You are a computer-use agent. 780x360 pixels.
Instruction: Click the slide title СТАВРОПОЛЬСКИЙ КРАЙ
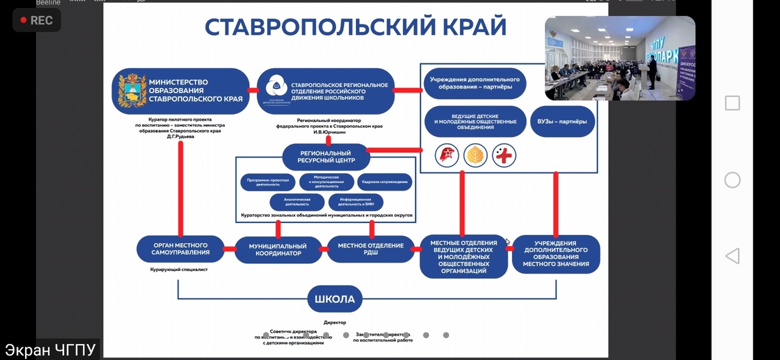pyautogui.click(x=355, y=27)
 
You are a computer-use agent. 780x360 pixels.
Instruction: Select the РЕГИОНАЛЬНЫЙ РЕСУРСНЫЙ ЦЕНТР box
pyautogui.click(x=326, y=157)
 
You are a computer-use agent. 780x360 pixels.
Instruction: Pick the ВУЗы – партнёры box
pyautogui.click(x=562, y=121)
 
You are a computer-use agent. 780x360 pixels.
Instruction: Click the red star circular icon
pyautogui.click(x=447, y=156)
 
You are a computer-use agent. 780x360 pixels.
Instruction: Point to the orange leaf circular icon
pyautogui.click(x=475, y=156)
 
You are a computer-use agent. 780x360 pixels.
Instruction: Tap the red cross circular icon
pyautogui.click(x=504, y=156)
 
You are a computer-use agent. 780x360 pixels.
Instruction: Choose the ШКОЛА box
pyautogui.click(x=335, y=299)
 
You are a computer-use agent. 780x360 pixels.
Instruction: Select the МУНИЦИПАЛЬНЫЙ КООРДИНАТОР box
pyautogui.click(x=278, y=250)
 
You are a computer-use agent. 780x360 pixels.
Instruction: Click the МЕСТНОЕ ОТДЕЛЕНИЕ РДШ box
pyautogui.click(x=370, y=249)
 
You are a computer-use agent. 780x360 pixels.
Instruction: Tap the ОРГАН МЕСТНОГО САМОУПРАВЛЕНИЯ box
pyautogui.click(x=180, y=249)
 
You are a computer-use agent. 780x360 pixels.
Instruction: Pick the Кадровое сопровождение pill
pyautogui.click(x=385, y=182)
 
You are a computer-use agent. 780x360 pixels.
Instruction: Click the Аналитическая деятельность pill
pyautogui.click(x=297, y=202)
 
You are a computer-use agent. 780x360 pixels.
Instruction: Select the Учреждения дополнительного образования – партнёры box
pyautogui.click(x=475, y=83)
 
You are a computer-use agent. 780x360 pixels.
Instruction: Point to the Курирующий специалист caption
pyautogui.click(x=179, y=269)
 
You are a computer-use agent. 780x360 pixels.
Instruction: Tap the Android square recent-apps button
pyautogui.click(x=732, y=103)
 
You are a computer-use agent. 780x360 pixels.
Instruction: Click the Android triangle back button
pyautogui.click(x=732, y=256)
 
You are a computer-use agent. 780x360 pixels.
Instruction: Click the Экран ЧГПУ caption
pyautogui.click(x=51, y=350)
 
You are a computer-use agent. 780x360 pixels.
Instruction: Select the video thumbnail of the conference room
pyautogui.click(x=620, y=58)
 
